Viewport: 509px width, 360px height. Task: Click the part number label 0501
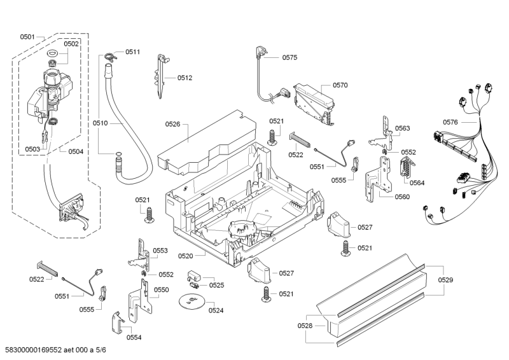pos(27,37)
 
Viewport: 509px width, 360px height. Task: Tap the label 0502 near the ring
pos(71,44)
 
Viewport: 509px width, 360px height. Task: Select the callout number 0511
pos(132,52)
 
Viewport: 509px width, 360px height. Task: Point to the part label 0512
pos(185,78)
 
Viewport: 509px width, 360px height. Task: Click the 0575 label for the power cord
pos(289,57)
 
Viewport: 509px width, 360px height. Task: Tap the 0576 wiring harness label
pos(450,122)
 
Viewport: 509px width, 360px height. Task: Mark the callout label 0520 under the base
pos(186,256)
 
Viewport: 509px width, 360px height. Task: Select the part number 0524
pos(216,310)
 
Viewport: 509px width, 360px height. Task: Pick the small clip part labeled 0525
pos(194,277)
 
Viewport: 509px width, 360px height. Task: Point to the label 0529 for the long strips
pos(446,280)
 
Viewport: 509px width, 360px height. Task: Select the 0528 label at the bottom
pos(305,325)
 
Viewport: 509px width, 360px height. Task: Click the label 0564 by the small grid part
pos(417,183)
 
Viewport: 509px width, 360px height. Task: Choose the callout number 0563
pos(402,128)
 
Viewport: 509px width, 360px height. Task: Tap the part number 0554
pos(134,337)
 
